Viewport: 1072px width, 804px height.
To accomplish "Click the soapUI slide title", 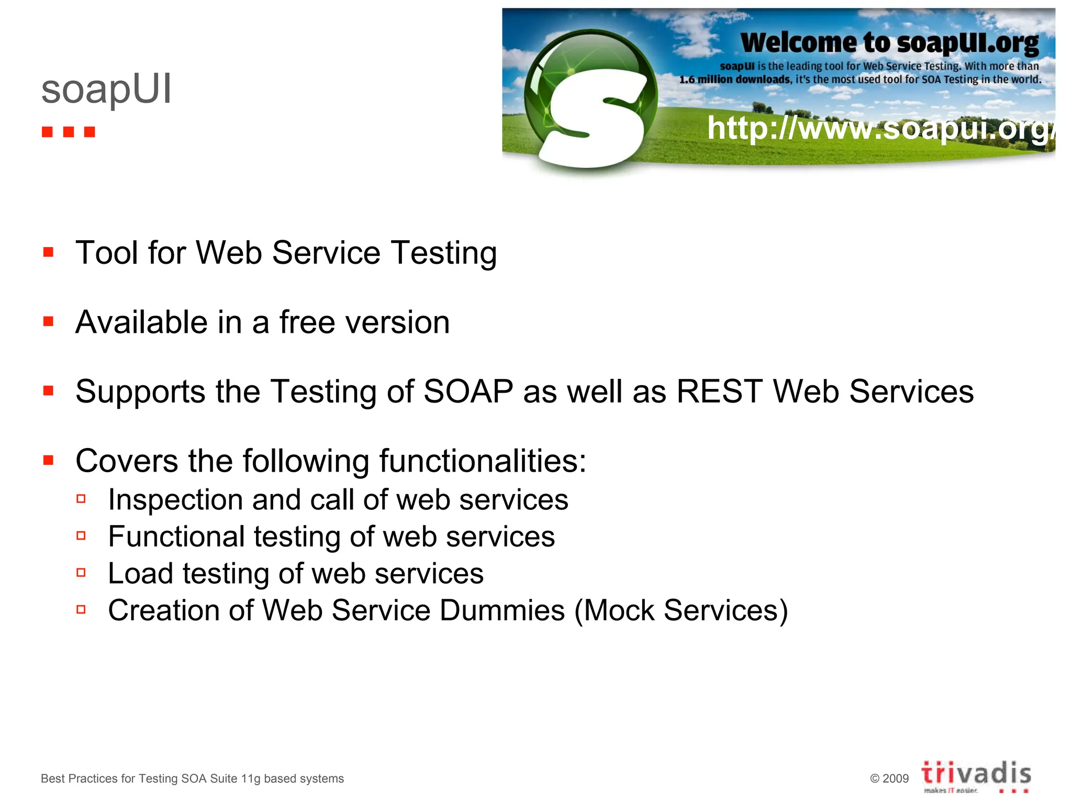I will tap(106, 90).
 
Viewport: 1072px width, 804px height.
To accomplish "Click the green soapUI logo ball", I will tap(590, 99).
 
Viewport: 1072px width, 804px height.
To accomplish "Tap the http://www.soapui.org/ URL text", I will tap(879, 128).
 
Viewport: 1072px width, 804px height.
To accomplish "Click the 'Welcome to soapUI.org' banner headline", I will tap(889, 43).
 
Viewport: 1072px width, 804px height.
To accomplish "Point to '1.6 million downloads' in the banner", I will tap(735, 80).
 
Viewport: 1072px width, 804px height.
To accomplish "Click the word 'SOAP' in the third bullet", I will tap(468, 392).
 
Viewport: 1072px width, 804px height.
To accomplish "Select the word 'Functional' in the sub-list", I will tap(176, 537).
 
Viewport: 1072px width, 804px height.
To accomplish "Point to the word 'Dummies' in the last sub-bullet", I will tap(502, 611).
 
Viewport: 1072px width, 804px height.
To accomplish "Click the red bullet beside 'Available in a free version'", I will tap(49, 321).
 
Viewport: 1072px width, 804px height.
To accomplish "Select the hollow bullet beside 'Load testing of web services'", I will tap(81, 573).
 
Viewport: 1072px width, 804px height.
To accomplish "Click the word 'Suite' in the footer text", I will tap(224, 779).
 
